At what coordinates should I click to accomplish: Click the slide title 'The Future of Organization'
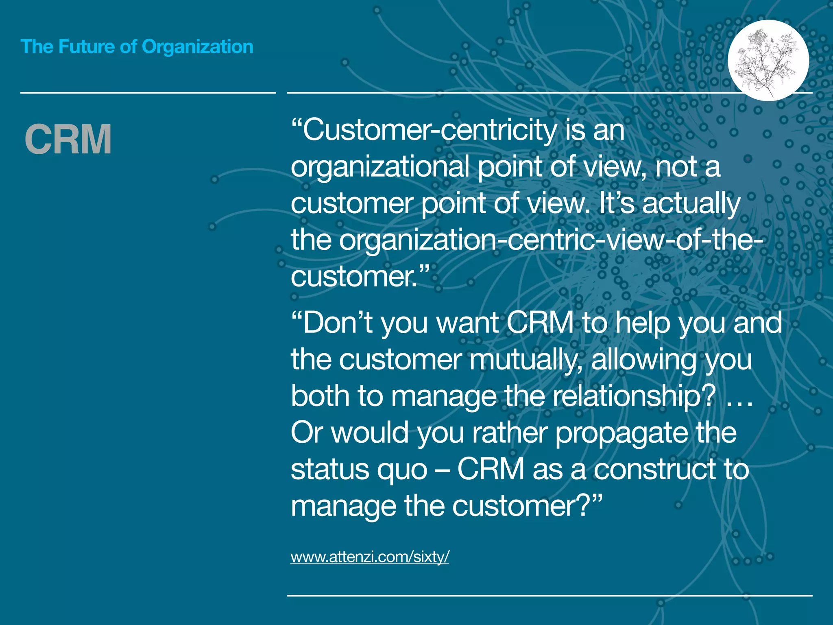[x=137, y=47]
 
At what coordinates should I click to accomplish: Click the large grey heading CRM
[x=68, y=140]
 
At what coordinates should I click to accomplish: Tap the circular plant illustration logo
[x=768, y=60]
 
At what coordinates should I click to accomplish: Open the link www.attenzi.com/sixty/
[x=369, y=556]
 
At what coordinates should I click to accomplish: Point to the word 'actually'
[x=691, y=203]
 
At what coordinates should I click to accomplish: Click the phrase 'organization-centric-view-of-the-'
[x=551, y=240]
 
